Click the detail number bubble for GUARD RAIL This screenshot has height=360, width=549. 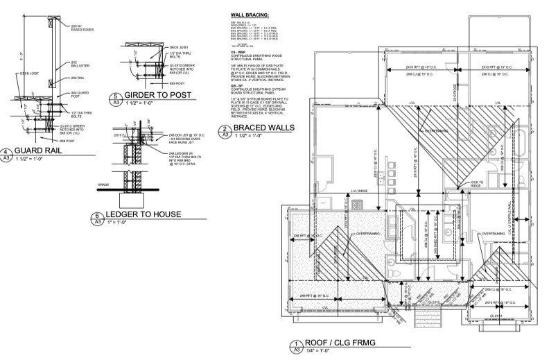6,153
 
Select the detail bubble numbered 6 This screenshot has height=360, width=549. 99,217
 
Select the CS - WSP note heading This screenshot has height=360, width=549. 239,51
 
